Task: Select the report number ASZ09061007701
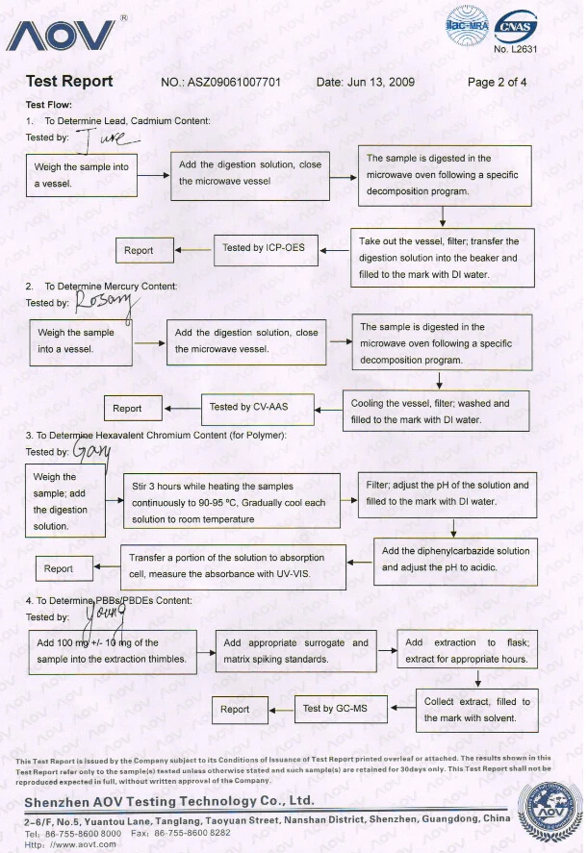235,83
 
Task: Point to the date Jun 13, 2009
365,83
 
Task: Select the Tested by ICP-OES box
263,249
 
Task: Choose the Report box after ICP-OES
139,251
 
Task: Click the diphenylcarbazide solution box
455,560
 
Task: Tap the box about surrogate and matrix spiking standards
295,651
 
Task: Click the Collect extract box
476,710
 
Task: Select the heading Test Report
69,82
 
